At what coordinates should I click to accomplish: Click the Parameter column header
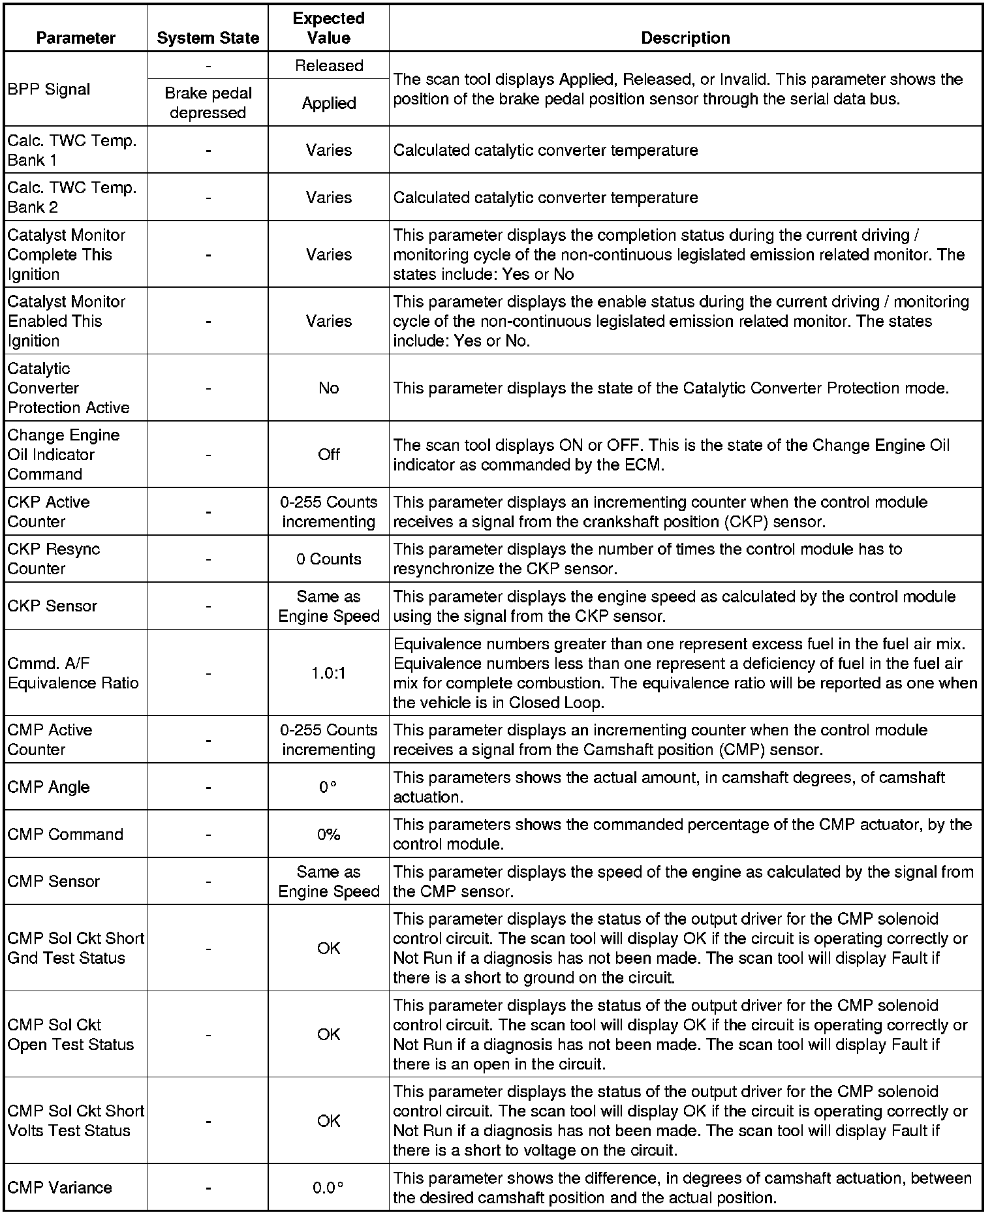tap(76, 38)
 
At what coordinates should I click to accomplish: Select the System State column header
tap(208, 38)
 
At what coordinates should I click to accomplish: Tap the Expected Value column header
tap(328, 28)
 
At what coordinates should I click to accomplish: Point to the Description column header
tap(685, 38)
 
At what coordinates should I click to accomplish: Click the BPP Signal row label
tap(49, 89)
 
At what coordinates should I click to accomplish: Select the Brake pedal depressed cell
tap(208, 102)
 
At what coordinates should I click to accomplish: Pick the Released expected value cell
tap(328, 65)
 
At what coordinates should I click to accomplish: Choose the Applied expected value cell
tap(328, 103)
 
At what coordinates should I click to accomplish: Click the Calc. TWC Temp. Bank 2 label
tap(72, 197)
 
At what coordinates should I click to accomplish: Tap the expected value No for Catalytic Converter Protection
tap(328, 388)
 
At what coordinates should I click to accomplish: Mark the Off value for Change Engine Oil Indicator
tap(328, 454)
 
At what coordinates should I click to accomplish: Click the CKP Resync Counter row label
tap(54, 559)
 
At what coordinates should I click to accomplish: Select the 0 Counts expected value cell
tap(328, 559)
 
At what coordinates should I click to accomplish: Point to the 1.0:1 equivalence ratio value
tap(328, 673)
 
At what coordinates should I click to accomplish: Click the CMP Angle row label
tap(49, 787)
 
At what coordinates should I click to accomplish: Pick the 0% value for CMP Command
tap(328, 834)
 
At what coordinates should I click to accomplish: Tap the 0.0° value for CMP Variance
tap(328, 1188)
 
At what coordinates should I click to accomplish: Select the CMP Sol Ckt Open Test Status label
tap(70, 1034)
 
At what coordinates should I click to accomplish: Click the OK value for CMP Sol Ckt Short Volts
tap(328, 1120)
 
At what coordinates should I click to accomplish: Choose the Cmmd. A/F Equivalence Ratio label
tap(73, 673)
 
